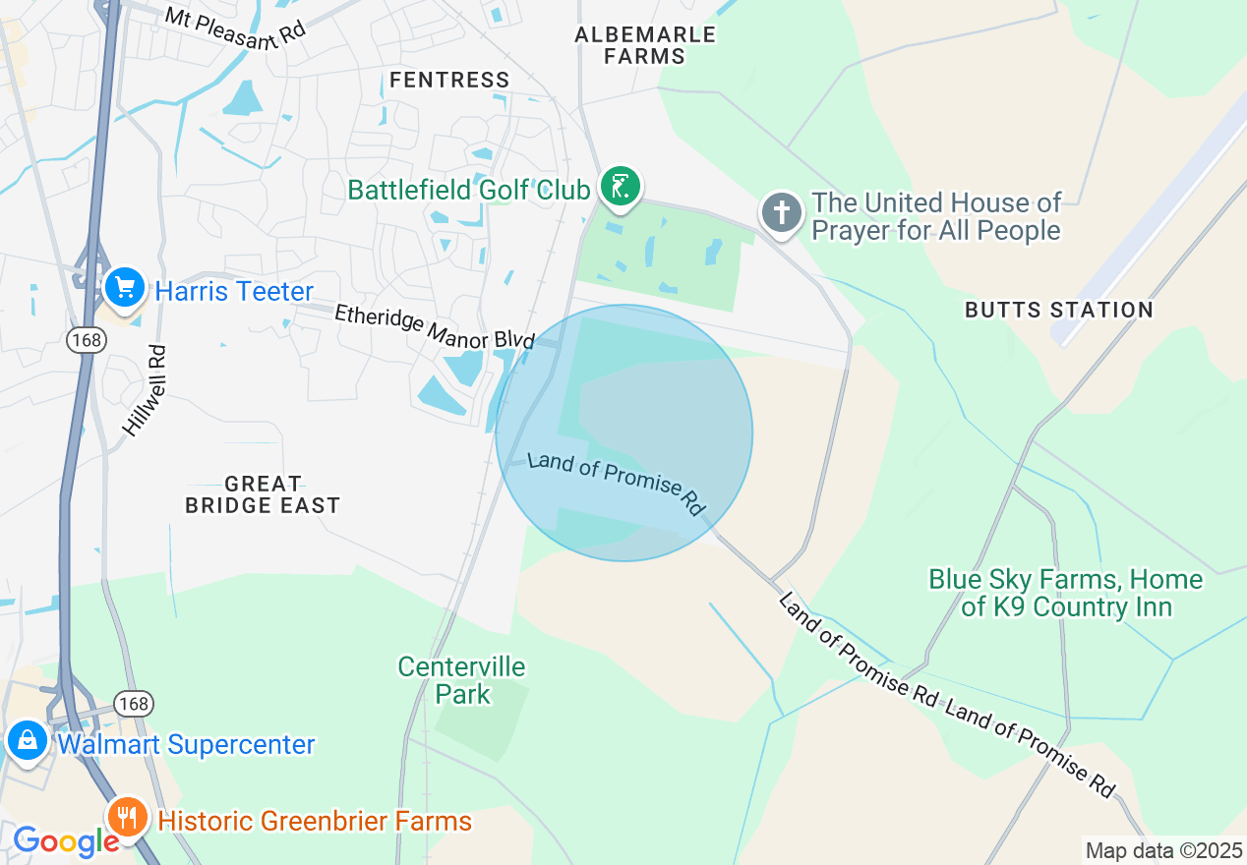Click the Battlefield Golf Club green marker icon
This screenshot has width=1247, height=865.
pos(620,187)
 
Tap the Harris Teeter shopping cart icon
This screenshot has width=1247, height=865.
pos(125,287)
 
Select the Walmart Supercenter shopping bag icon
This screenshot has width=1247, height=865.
pos(27,742)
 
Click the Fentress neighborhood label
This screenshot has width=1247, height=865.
pos(449,80)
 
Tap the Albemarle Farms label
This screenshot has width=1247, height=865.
pos(645,45)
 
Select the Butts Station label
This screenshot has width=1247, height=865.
pos(1058,310)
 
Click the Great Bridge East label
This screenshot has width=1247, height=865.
pos(263,494)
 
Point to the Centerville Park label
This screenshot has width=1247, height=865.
pos(462,680)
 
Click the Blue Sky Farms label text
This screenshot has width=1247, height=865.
pos(1066,593)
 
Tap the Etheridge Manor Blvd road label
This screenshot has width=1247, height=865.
pos(434,326)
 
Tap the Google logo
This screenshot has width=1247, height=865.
pos(65,841)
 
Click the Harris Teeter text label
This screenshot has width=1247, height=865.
pos(234,291)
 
